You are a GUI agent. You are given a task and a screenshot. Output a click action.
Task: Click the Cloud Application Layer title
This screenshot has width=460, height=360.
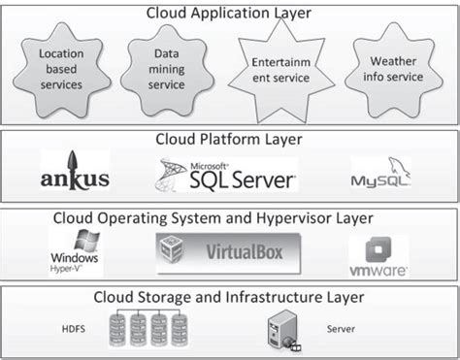pyautogui.click(x=230, y=13)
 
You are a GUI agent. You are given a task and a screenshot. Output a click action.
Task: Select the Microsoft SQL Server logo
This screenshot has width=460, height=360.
pyautogui.click(x=224, y=175)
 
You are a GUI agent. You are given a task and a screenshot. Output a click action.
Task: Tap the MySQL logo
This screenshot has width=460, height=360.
pyautogui.click(x=379, y=178)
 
